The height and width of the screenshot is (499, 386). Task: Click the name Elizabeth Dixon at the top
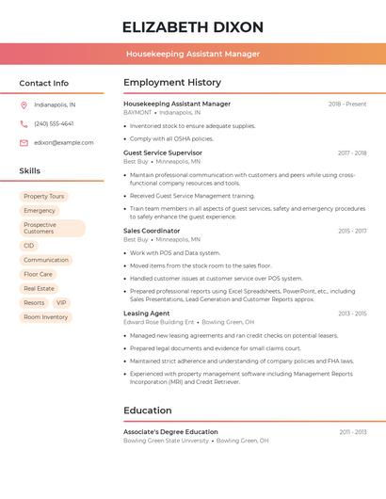pyautogui.click(x=192, y=26)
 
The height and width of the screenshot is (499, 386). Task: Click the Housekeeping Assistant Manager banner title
pyautogui.click(x=192, y=54)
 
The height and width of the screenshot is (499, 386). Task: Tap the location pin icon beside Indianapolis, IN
pyautogui.click(x=24, y=105)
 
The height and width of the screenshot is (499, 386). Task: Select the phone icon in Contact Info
pyautogui.click(x=24, y=123)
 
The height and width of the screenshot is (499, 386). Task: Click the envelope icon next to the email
pyautogui.click(x=24, y=142)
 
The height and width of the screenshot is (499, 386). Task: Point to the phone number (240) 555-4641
pyautogui.click(x=54, y=123)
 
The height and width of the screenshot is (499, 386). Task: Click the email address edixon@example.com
pyautogui.click(x=63, y=142)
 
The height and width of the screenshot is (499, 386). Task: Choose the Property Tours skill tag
pyautogui.click(x=43, y=196)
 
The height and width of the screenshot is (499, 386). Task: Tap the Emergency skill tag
pyautogui.click(x=40, y=210)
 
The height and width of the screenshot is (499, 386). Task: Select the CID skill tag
pyautogui.click(x=29, y=245)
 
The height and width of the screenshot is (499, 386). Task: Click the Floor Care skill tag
pyautogui.click(x=39, y=274)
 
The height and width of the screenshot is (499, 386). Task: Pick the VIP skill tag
pyautogui.click(x=61, y=302)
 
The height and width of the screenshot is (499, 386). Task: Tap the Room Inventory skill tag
pyautogui.click(x=45, y=317)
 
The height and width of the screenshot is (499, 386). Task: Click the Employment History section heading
pyautogui.click(x=172, y=83)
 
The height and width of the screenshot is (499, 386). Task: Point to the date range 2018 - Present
pyautogui.click(x=347, y=104)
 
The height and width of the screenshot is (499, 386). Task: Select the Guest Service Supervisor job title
pyautogui.click(x=163, y=153)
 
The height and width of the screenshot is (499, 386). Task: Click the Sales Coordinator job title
pyautogui.click(x=152, y=231)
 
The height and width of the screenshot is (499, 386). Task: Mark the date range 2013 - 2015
pyautogui.click(x=352, y=313)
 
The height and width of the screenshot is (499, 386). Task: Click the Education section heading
pyautogui.click(x=148, y=410)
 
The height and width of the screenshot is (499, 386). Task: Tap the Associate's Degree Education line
pyautogui.click(x=170, y=431)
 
